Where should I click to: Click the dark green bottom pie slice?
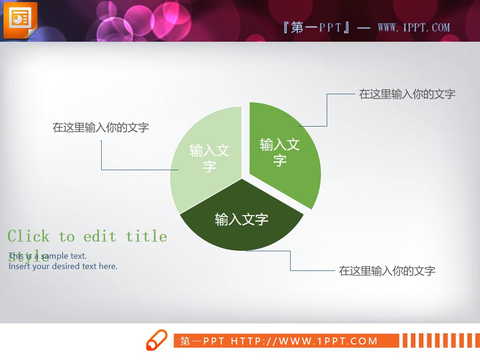241,234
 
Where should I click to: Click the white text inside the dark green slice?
241,219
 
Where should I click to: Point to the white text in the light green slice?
209,158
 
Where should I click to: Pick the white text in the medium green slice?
280,152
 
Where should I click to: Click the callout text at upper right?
407,94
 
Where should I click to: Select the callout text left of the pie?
101,127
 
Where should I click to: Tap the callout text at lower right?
387,271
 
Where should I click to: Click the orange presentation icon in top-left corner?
20,20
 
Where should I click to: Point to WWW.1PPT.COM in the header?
413,27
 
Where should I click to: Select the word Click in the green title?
28,236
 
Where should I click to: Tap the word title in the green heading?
146,236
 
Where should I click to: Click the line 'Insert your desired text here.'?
63,266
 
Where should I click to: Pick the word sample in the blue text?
54,256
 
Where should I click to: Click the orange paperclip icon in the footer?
157,340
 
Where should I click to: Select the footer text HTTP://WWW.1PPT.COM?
304,341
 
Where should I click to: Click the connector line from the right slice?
327,110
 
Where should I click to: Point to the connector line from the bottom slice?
290,261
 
